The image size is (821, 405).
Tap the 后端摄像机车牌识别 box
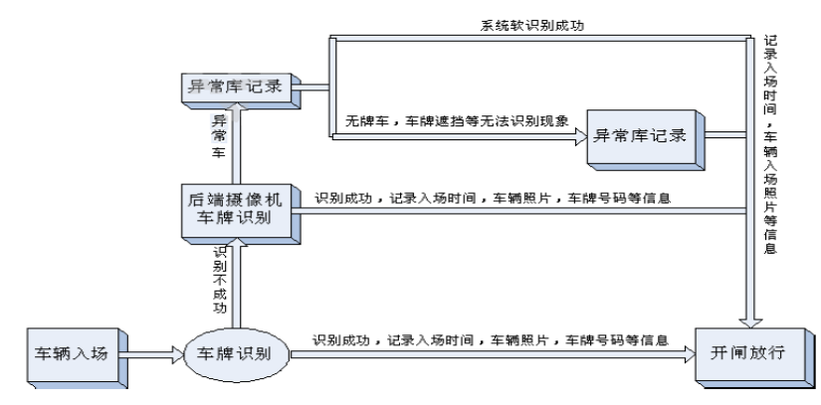(237, 207)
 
